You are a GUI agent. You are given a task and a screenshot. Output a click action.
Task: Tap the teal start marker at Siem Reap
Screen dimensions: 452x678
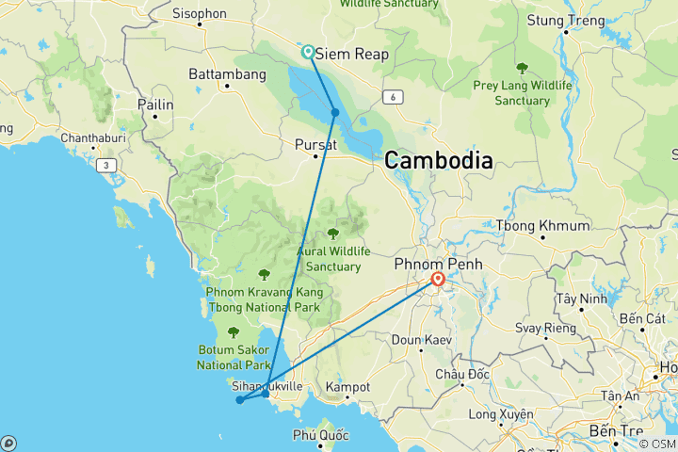point(308,52)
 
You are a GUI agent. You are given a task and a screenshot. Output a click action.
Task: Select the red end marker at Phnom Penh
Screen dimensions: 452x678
point(438,279)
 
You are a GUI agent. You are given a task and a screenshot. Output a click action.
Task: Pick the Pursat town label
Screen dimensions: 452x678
point(315,144)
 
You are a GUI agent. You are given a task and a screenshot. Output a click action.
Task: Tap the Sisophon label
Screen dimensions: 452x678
point(200,13)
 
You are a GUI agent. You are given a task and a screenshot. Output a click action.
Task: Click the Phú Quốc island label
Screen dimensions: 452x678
point(320,435)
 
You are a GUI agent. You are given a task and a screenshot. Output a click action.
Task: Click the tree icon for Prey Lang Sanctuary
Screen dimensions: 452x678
point(522,68)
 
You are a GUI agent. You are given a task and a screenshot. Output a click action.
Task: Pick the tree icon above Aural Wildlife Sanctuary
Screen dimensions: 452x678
point(331,234)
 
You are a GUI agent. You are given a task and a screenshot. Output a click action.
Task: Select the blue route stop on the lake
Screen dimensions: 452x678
point(335,113)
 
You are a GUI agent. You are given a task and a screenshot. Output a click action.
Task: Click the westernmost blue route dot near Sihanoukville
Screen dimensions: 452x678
point(240,400)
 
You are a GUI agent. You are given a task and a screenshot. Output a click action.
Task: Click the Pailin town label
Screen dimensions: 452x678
point(155,105)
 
